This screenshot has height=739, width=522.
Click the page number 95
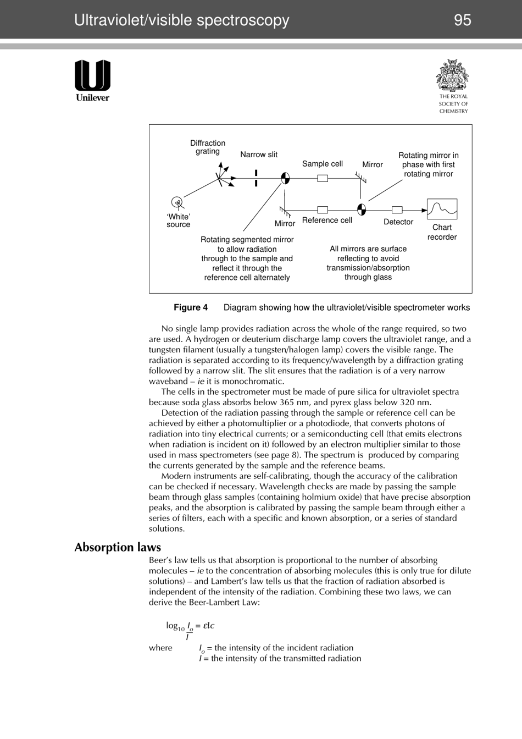(x=462, y=20)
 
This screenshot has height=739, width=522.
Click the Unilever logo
(x=92, y=80)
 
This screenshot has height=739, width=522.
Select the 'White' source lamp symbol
(x=177, y=202)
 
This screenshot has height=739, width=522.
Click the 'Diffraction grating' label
(x=208, y=147)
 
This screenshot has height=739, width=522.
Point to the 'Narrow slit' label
(x=259, y=155)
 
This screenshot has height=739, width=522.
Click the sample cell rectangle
(x=323, y=178)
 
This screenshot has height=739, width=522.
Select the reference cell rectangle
(x=323, y=210)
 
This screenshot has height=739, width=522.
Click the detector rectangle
(x=397, y=210)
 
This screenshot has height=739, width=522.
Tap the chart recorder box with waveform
(x=442, y=209)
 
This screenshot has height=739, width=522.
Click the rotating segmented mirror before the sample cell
(x=285, y=178)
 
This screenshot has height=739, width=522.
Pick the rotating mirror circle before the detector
(x=362, y=209)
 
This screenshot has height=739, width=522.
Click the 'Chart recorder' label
(x=442, y=232)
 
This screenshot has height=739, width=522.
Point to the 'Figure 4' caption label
(x=191, y=307)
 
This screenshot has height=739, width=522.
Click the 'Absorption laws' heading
(x=118, y=547)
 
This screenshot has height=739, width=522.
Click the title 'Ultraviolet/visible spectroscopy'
(x=181, y=20)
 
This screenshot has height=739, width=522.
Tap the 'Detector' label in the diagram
(x=398, y=222)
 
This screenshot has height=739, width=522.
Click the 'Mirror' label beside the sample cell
(x=372, y=164)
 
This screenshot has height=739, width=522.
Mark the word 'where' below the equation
(x=160, y=648)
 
